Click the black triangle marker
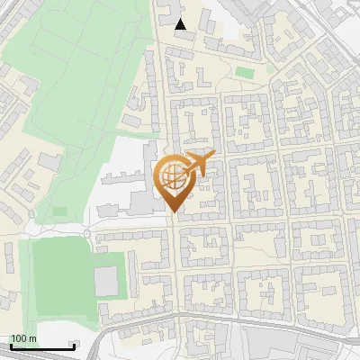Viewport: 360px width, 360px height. pyautogui.click(x=181, y=24)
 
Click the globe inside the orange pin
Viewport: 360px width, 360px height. pyautogui.click(x=174, y=178)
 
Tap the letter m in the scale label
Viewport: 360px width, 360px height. pyautogui.click(x=33, y=338)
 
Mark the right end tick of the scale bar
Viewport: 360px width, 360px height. pyautogui.click(x=75, y=346)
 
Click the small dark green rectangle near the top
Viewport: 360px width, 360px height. pyautogui.click(x=244, y=72)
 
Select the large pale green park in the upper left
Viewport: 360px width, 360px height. pyautogui.click(x=81, y=81)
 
